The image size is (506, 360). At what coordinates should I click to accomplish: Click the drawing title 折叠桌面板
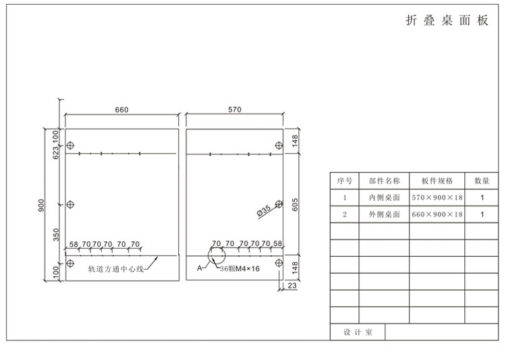447,21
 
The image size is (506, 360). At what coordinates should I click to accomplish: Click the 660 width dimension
122,110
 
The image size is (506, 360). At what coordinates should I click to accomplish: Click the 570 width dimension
234,110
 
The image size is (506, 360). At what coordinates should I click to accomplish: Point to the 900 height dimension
42,204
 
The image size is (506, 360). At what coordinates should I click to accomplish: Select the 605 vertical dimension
295,204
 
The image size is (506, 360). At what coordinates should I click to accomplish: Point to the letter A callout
199,268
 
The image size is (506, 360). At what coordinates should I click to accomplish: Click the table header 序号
345,181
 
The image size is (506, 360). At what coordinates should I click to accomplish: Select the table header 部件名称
384,181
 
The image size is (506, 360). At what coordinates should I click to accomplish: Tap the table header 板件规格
437,181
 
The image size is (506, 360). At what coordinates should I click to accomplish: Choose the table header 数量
482,181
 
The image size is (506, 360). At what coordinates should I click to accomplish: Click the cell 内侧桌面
384,198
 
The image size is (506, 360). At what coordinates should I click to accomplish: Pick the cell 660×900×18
437,214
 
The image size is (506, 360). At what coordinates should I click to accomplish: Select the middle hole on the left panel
72,204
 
